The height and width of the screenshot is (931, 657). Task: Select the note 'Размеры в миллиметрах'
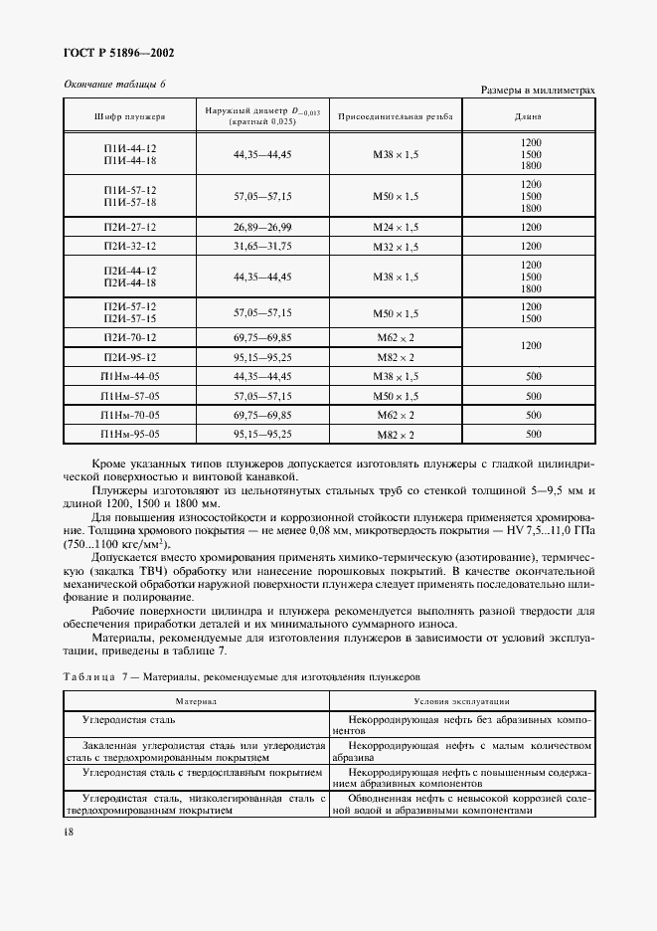click(538, 91)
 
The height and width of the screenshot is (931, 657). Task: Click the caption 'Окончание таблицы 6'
click(114, 85)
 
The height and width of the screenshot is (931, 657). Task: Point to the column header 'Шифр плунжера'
click(129, 116)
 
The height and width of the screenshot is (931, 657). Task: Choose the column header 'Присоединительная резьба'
click(396, 116)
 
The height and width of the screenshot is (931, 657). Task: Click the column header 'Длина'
click(530, 116)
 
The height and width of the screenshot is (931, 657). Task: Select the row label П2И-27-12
click(129, 227)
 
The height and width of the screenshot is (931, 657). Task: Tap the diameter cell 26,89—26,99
click(262, 227)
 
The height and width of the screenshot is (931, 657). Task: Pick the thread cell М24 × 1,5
click(396, 227)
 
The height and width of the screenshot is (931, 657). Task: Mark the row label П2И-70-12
click(129, 339)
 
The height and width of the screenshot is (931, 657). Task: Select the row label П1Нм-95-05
click(129, 434)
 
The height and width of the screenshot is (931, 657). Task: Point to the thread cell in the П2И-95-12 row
click(396, 358)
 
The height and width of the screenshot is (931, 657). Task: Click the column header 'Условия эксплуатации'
click(461, 701)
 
